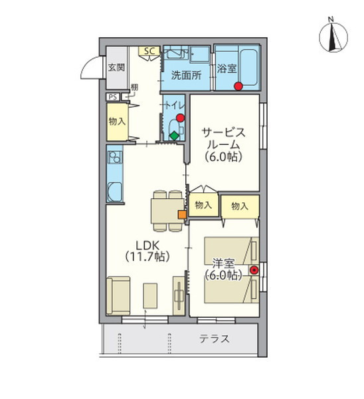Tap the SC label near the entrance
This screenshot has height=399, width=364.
149,51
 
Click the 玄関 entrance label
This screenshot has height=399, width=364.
116,67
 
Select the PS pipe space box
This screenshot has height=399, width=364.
113,97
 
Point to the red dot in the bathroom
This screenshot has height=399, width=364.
238,86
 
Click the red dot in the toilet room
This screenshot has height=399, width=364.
180,118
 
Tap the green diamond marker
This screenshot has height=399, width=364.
175,136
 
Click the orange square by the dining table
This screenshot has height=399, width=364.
182,215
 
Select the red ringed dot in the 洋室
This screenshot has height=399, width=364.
254,270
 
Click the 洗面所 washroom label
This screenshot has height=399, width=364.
187,75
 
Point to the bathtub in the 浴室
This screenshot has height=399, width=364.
249,67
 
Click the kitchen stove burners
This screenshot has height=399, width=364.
115,157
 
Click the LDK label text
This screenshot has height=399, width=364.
147,246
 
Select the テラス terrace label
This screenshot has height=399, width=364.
215,339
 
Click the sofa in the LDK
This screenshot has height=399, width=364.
118,296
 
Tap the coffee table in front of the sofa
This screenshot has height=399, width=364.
150,296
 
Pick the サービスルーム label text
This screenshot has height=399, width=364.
223,139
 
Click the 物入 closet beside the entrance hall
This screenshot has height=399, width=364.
117,122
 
